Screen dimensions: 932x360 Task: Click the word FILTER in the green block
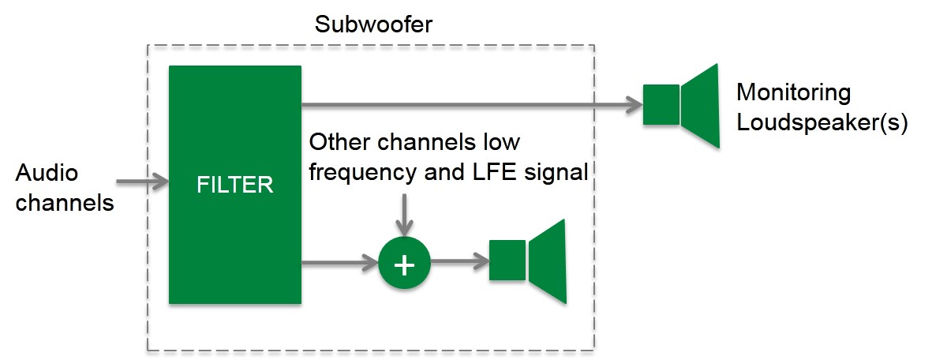tap(235, 185)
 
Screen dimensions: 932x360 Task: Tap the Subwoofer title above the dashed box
tap(374, 25)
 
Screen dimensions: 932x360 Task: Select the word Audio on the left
tap(47, 174)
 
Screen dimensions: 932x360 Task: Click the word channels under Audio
tap(65, 203)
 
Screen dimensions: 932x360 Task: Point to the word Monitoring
tap(794, 93)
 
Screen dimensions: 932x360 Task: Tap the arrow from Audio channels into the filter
tap(143, 182)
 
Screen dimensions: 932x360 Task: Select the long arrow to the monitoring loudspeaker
tap(473, 105)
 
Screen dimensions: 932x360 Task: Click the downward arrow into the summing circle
tap(404, 215)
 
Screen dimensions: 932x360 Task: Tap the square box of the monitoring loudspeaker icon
tap(661, 105)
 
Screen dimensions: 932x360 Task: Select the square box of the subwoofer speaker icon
tap(507, 261)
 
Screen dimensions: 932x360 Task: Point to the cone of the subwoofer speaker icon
tap(548, 262)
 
